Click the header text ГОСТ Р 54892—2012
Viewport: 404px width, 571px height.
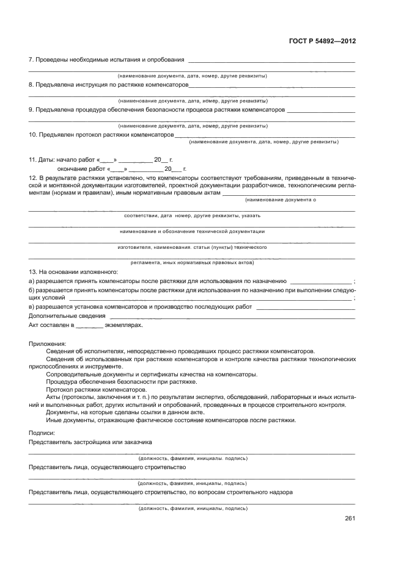click(322, 41)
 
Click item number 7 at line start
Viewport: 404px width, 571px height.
click(31, 60)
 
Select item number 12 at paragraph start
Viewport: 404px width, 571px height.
click(33, 178)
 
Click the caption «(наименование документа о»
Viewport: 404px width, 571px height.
click(281, 200)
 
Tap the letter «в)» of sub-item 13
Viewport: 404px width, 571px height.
click(31, 307)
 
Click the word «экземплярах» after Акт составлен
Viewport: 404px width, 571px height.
click(123, 325)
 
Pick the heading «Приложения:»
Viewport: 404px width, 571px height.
click(47, 344)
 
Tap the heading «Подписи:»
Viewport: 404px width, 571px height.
click(42, 432)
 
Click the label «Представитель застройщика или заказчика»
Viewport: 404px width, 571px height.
click(90, 441)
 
